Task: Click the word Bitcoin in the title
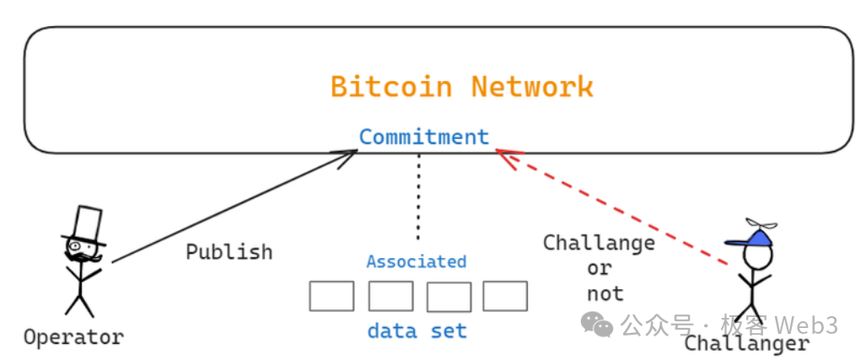390,87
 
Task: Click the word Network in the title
532,87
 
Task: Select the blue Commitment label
423,137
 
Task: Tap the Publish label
229,252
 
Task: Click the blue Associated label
416,262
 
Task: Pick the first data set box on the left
331,296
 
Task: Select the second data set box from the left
390,296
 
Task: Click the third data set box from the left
449,297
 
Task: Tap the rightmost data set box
505,296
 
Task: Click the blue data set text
417,331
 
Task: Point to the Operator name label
73,337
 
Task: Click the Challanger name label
746,344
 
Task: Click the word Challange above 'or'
599,244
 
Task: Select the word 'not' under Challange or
605,293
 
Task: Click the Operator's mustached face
83,251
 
